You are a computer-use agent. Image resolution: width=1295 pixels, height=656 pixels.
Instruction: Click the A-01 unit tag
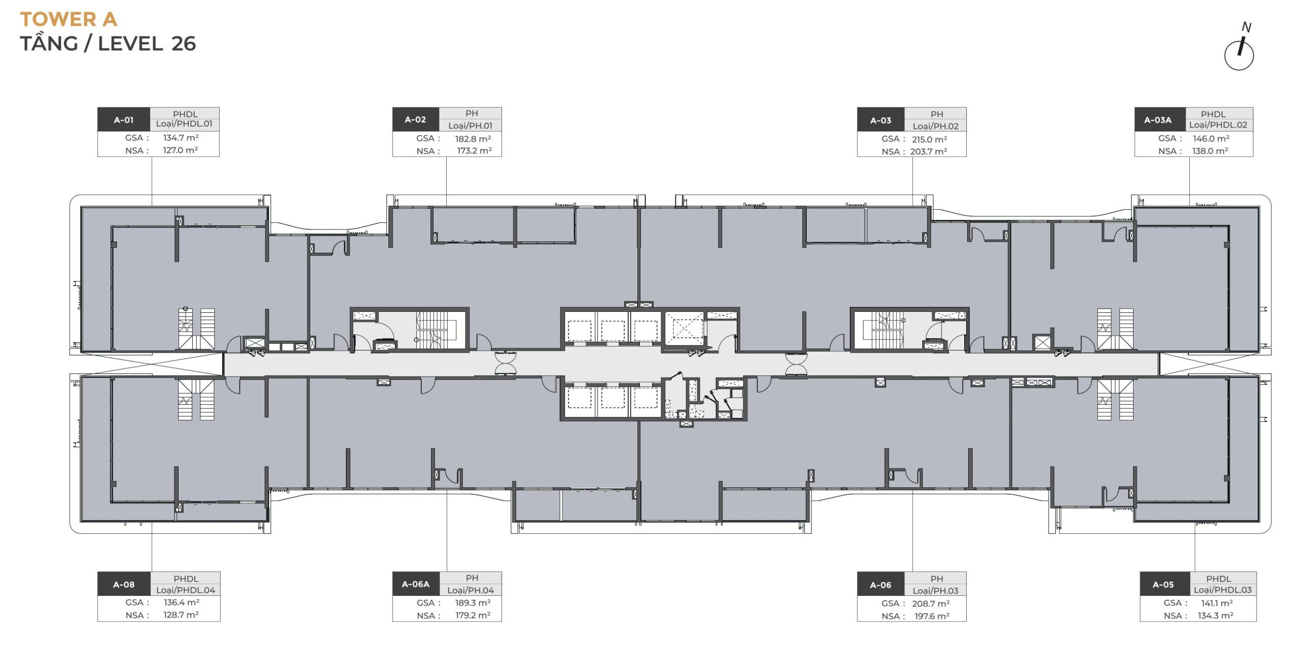[124, 120]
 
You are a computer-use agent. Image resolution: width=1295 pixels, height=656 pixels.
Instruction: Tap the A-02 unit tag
[415, 119]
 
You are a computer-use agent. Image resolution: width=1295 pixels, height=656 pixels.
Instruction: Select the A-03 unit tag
[881, 120]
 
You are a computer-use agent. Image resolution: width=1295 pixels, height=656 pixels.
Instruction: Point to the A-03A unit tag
[1158, 120]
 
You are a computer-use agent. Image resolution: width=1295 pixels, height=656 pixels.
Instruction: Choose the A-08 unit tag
[124, 585]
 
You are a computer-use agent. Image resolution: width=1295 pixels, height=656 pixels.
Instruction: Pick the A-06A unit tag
[416, 584]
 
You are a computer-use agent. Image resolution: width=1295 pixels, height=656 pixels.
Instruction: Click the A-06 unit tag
[881, 585]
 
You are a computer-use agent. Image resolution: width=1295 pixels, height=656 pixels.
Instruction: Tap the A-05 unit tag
[1163, 585]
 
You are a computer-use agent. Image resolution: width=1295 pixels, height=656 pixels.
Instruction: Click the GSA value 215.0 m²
[930, 139]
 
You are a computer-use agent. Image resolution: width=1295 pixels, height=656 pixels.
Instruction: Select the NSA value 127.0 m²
[180, 150]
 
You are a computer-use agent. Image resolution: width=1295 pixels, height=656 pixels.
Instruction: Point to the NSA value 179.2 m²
[473, 615]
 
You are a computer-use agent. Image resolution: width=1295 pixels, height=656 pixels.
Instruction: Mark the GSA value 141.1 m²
[1217, 603]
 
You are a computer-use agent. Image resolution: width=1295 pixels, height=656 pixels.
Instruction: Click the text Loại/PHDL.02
[1218, 125]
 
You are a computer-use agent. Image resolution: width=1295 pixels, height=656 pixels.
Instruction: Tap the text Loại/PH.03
[936, 590]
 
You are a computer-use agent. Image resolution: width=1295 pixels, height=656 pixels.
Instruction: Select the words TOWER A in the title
[69, 20]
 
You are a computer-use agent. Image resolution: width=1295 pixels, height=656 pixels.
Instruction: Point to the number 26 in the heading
[184, 44]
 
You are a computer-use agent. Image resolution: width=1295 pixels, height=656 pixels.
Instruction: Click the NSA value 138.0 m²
[1210, 151]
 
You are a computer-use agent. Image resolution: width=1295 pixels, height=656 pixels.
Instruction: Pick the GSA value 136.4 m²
[181, 602]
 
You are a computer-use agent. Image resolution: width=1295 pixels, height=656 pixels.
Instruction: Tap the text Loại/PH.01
[470, 125]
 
